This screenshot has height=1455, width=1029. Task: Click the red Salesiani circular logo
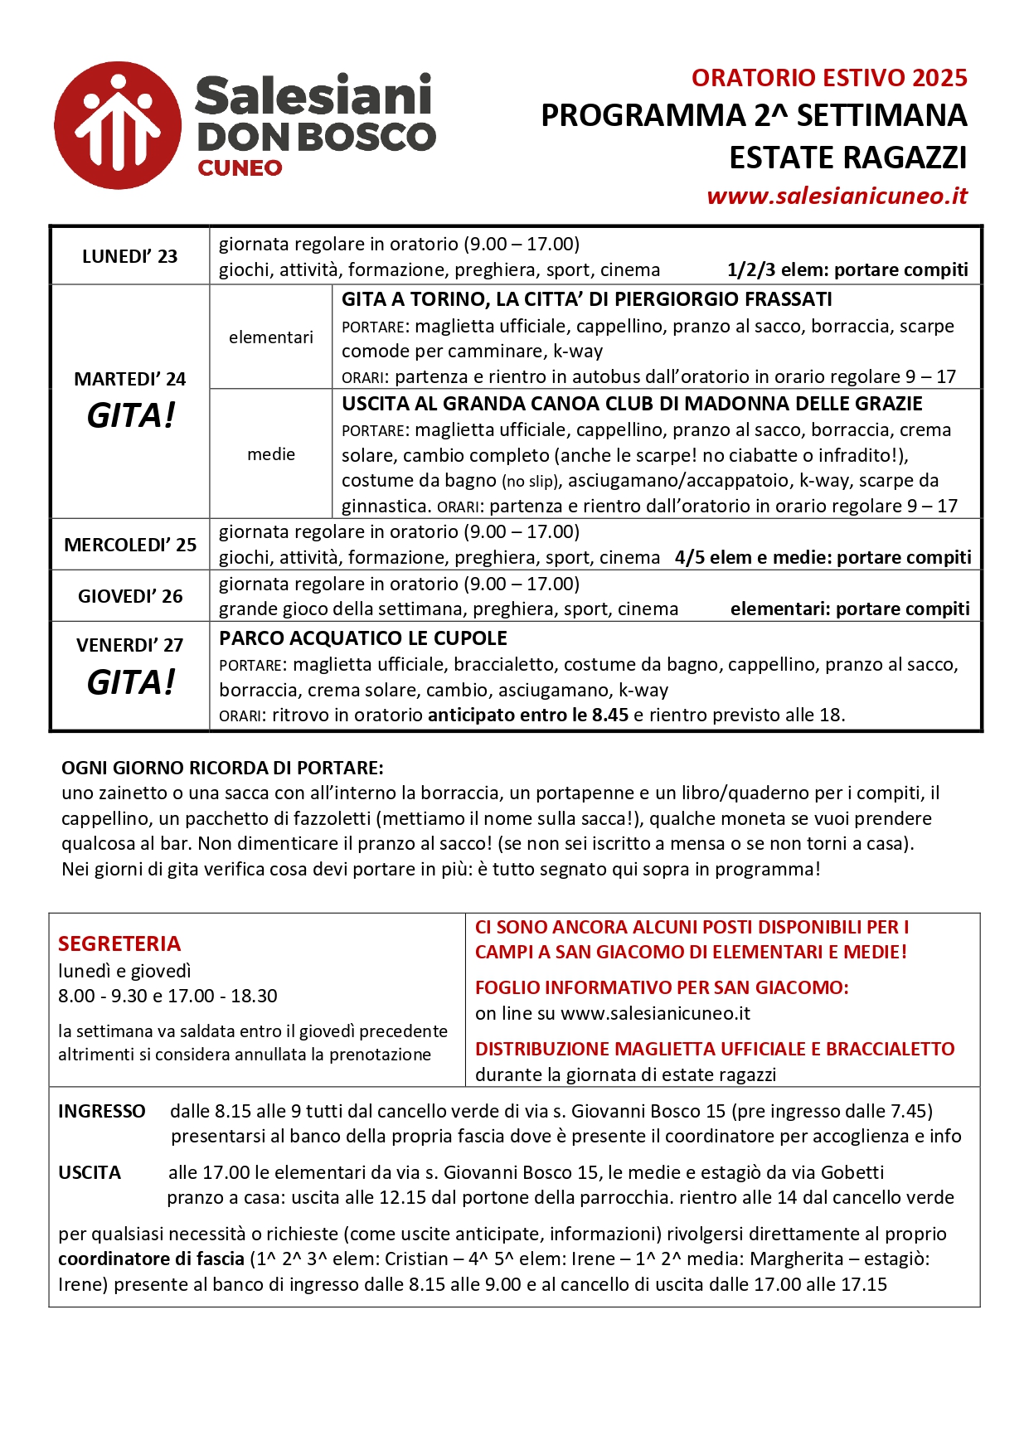tap(118, 125)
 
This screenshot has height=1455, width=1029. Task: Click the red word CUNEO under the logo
tap(240, 168)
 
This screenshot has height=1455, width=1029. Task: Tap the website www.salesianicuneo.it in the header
tap(837, 196)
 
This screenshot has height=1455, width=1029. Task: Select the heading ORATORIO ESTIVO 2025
tap(829, 78)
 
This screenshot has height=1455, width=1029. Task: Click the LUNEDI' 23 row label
tap(129, 256)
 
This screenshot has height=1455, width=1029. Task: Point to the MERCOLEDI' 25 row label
tap(130, 545)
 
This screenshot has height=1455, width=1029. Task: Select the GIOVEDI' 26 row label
tap(130, 596)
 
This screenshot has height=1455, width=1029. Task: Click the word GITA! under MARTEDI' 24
tap(131, 415)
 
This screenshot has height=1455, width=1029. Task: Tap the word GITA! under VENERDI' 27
tap(131, 682)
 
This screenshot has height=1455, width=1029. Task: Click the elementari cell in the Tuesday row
tap(271, 337)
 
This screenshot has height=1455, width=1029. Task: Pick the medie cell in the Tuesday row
tap(271, 454)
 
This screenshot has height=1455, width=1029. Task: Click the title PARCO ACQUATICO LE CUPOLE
tap(363, 638)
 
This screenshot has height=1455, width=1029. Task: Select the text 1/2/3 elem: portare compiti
tap(847, 269)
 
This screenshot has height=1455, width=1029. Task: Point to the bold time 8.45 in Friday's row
tap(609, 715)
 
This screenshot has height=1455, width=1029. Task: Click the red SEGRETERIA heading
tap(119, 943)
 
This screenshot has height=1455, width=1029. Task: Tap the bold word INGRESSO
tap(101, 1111)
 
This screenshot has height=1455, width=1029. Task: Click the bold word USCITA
tap(90, 1172)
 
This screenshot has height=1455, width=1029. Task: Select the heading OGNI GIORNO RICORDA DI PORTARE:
tap(222, 768)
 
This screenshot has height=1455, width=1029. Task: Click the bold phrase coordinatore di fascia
tap(151, 1259)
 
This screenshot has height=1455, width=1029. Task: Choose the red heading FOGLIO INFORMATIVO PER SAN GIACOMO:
tap(662, 987)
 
